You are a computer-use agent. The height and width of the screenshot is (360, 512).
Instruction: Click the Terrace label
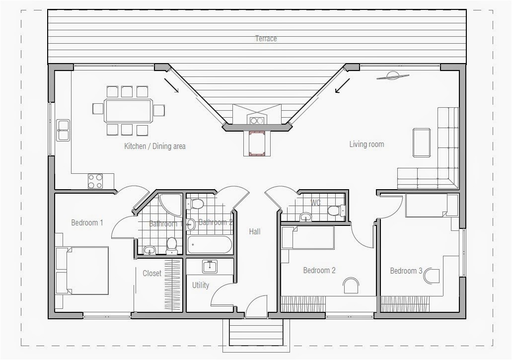pos(266,38)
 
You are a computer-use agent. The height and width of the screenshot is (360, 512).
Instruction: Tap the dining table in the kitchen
pos(128,111)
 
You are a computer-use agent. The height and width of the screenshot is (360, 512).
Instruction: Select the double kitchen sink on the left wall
pos(63,130)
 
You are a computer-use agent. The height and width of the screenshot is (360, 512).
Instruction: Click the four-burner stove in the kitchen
pos(95,181)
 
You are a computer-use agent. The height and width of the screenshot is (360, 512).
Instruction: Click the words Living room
pos(366,144)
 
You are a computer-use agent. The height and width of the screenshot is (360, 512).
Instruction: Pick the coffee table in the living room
pos(422,143)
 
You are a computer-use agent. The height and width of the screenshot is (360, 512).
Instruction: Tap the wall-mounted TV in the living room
pos(392,76)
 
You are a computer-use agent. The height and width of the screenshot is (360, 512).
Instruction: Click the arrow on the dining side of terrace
pos(171,85)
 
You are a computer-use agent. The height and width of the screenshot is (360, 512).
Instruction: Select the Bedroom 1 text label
pos(87,222)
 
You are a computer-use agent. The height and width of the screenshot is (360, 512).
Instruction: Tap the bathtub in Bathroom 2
pos(209,245)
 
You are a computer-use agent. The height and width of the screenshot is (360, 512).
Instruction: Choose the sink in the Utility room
pos(210,267)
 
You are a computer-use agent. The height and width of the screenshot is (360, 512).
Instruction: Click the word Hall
pos(255,231)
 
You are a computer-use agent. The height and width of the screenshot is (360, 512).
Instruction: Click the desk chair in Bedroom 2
pos(351,285)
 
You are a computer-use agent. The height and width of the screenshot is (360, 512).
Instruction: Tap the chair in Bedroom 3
pos(432,276)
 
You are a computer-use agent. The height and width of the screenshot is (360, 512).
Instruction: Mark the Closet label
pos(151,273)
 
